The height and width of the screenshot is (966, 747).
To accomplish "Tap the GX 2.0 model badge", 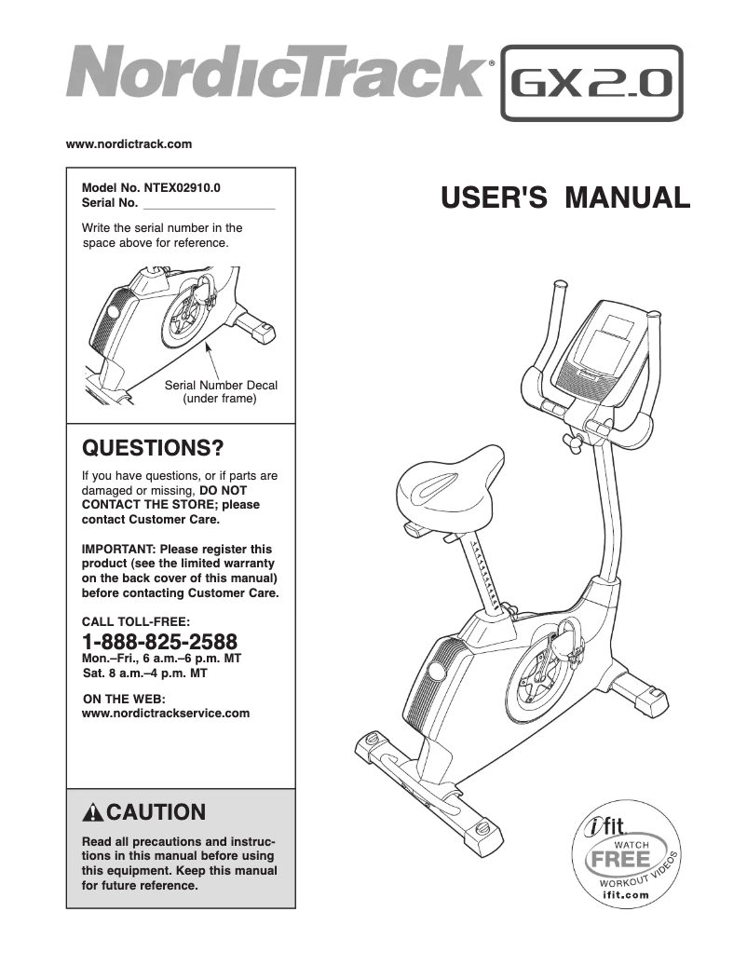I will point(591,84).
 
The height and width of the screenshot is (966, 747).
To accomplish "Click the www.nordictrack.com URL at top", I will point(129,144).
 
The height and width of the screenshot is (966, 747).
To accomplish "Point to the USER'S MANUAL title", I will point(565,197).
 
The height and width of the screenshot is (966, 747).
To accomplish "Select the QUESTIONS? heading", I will point(154,448).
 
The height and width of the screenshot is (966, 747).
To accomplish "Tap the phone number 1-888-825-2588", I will point(159,641).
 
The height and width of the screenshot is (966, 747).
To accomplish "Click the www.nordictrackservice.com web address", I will point(167,714).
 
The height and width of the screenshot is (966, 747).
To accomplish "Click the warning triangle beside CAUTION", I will point(93,812).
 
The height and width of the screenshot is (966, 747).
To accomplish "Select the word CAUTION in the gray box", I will point(156,811).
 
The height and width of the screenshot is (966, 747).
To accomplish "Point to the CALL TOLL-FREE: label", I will point(136,620).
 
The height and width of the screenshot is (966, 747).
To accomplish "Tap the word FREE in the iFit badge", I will point(619,858).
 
